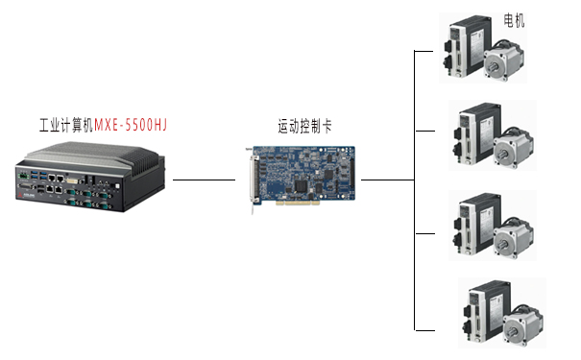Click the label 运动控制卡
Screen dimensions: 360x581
[x=305, y=126]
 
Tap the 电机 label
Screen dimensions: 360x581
[x=515, y=19]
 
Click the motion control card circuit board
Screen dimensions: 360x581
[x=305, y=175]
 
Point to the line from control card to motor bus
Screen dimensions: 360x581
[x=387, y=180]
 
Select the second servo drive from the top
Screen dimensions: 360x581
[x=473, y=134]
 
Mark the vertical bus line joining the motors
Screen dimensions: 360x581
[x=414, y=192]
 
